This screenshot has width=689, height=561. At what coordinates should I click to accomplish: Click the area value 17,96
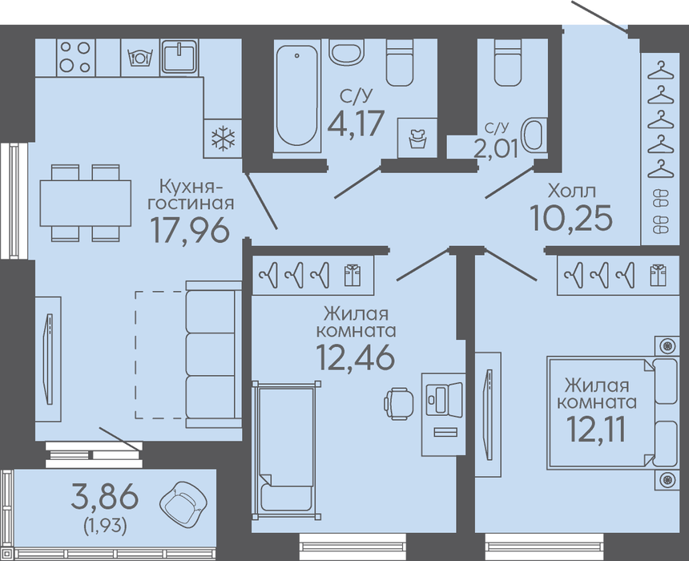[x=190, y=230]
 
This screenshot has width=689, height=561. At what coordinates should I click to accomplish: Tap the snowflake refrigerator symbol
[x=224, y=138]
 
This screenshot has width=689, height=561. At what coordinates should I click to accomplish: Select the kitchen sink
[x=179, y=57]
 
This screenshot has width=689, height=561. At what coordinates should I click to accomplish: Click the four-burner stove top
[x=75, y=58]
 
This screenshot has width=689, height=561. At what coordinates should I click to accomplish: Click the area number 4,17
[x=356, y=123]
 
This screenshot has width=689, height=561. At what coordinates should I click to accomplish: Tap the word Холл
[x=572, y=192]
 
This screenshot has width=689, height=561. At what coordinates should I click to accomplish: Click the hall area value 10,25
[x=570, y=218]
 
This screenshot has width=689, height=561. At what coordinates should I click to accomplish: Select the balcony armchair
[x=183, y=502]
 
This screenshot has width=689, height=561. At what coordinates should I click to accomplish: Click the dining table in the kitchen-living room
[x=85, y=203]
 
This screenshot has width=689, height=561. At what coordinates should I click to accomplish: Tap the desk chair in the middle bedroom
[x=398, y=403]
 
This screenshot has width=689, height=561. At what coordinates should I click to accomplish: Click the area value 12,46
[x=355, y=357]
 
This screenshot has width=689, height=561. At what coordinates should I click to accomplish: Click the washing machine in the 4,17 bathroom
[x=417, y=138]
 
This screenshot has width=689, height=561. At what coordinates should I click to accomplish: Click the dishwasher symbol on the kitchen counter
[x=139, y=58]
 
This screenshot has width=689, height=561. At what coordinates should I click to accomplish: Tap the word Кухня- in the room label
[x=191, y=188]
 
